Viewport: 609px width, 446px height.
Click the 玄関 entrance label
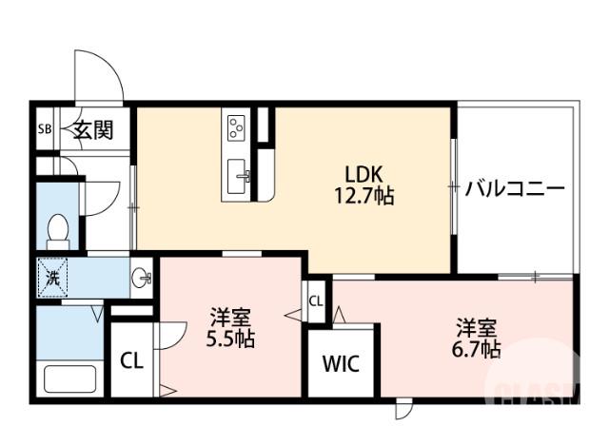pos(94,129)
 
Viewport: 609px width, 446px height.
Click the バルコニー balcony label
pos(515,188)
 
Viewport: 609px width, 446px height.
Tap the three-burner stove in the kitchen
pos(236,126)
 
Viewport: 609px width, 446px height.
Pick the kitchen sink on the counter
pos(239,175)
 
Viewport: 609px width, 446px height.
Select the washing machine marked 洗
pos(53,278)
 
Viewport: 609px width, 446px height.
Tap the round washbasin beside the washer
pos(143,279)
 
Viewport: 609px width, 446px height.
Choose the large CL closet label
pos(132,361)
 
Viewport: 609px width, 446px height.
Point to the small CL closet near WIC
pos(316,302)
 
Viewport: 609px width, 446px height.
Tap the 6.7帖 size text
pos(476,350)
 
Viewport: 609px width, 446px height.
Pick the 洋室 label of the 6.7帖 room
pos(476,329)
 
